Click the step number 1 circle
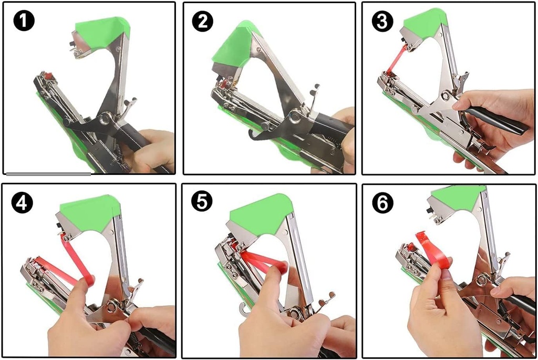click(23, 22)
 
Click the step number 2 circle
click(203, 22)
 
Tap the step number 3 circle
click(382, 22)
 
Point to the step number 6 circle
click(382, 203)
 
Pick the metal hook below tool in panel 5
click(244, 310)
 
